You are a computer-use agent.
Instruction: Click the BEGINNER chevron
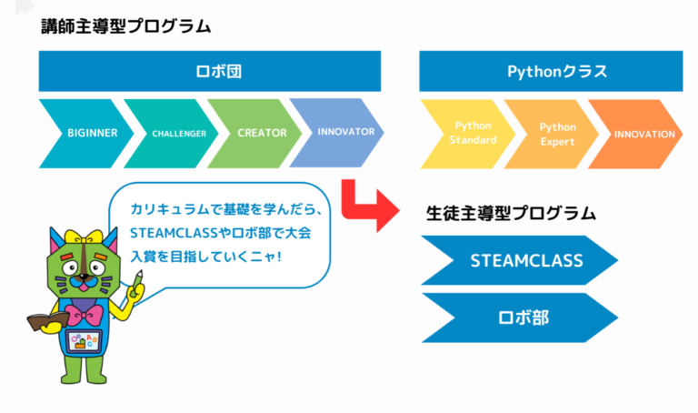point(88,133)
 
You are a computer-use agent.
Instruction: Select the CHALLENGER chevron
point(173,133)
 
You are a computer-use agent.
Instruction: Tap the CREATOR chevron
point(259,133)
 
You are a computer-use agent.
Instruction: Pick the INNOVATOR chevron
point(342,133)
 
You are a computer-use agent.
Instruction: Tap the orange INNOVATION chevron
point(641,134)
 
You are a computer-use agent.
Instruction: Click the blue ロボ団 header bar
point(209,71)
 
